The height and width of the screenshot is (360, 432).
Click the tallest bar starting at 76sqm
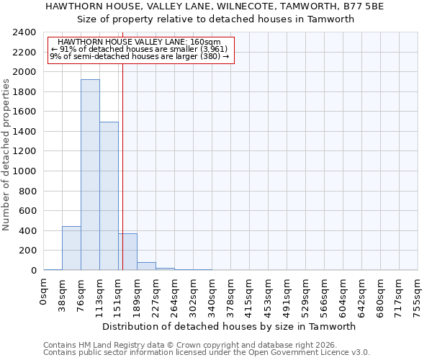tap(90, 175)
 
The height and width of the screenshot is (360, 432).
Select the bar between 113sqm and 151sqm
tap(109, 196)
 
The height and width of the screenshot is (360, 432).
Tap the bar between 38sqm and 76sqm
tap(71, 248)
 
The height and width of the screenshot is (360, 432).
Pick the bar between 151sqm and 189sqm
tap(128, 252)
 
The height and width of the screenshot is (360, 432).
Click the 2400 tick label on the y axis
tap(24, 32)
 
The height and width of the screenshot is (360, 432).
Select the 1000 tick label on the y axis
tap(24, 171)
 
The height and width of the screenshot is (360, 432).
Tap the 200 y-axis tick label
tap(27, 251)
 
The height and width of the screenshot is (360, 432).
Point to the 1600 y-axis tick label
tap(24, 112)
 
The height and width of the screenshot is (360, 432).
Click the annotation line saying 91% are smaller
tap(140, 49)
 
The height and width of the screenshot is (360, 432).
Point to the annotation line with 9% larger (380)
tap(140, 56)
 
